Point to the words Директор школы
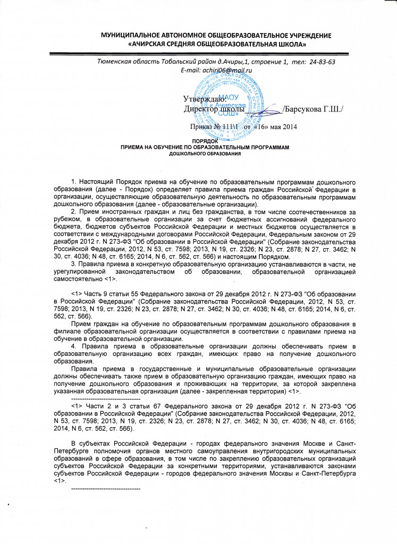pyautogui.click(x=210, y=109)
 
